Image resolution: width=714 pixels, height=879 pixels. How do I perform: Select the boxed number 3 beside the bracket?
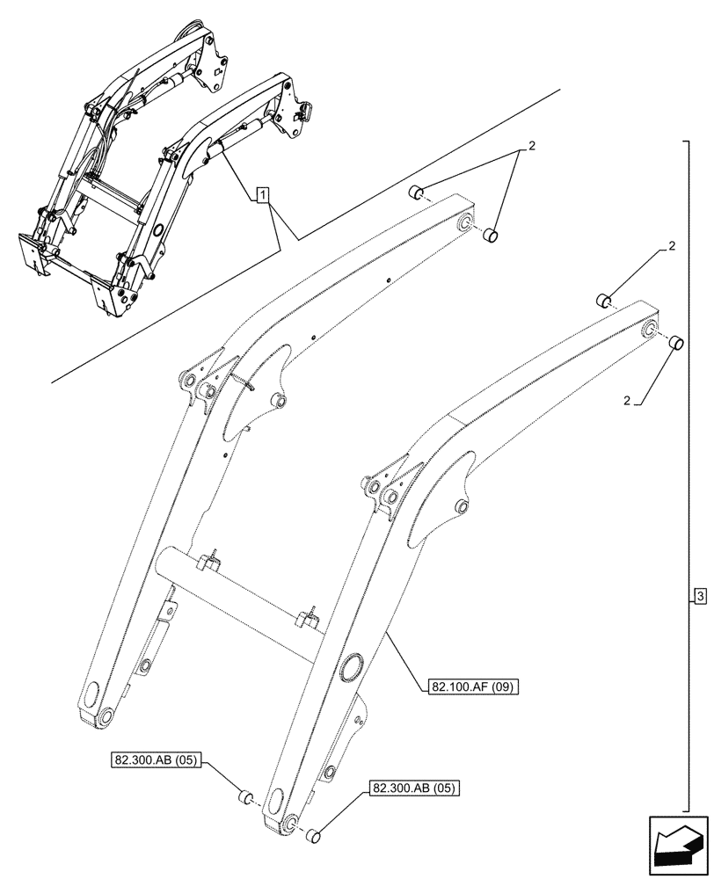[x=699, y=598]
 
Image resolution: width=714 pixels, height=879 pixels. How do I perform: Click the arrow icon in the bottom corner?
[x=676, y=846]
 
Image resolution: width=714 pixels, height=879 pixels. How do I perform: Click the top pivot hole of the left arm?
[x=463, y=223]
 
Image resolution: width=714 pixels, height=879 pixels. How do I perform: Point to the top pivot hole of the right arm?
[x=649, y=330]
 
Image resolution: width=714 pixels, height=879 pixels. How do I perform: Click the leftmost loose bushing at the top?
[x=418, y=192]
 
